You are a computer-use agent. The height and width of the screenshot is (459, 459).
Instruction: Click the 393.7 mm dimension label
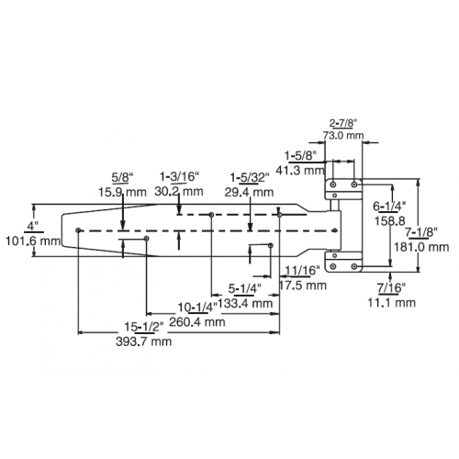click(143, 341)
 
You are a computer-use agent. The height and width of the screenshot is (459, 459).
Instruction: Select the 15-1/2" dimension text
click(144, 327)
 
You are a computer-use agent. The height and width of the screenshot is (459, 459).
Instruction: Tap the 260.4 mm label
click(197, 321)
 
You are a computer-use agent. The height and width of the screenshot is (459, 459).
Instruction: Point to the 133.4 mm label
click(246, 303)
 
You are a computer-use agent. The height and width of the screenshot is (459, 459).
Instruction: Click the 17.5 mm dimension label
click(303, 285)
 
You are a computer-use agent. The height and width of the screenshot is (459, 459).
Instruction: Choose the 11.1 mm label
click(391, 303)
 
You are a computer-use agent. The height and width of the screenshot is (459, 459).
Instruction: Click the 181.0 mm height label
click(421, 247)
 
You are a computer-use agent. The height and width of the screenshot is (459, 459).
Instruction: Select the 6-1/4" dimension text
click(389, 206)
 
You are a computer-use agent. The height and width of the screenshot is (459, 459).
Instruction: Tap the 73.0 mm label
click(343, 135)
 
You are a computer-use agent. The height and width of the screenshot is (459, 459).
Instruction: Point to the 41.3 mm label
click(300, 170)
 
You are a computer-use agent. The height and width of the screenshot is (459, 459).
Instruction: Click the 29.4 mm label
click(249, 192)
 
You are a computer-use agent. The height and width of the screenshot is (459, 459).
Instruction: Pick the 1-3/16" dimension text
click(180, 176)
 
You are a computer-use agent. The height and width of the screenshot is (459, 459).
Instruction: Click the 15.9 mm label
click(122, 192)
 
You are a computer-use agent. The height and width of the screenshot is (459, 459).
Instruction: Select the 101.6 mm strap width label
click(33, 241)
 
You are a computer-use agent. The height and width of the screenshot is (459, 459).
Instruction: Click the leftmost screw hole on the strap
click(78, 229)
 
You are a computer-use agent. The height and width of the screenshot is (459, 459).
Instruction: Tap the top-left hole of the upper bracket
click(333, 185)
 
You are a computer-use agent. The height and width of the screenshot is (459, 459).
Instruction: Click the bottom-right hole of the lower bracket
click(354, 266)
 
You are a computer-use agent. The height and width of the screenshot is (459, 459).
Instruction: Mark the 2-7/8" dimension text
click(343, 123)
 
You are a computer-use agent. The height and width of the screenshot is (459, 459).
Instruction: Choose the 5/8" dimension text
click(123, 176)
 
